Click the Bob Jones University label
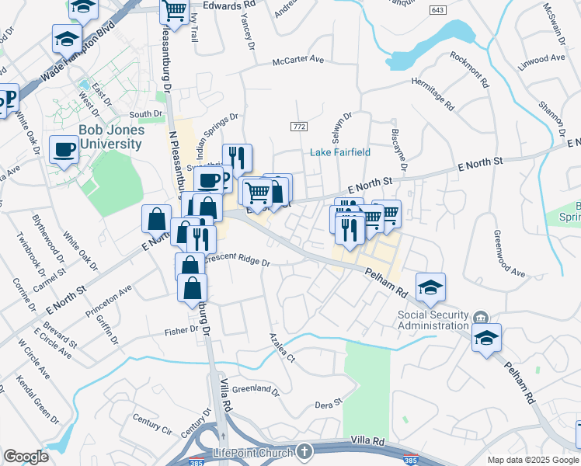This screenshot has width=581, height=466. pyautogui.click(x=110, y=137)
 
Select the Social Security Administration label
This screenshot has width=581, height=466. pyautogui.click(x=433, y=320)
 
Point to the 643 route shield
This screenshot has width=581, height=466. pyautogui.click(x=437, y=9)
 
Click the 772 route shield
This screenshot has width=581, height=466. pyautogui.click(x=299, y=126)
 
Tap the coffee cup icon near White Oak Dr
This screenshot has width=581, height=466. pyautogui.click(x=63, y=148)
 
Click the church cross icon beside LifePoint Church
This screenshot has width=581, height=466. pyautogui.click(x=304, y=451)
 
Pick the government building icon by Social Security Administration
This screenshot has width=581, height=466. pyautogui.click(x=480, y=316)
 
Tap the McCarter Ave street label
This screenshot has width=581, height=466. pyautogui.click(x=297, y=59)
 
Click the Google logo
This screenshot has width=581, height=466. pyautogui.click(x=26, y=457)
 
